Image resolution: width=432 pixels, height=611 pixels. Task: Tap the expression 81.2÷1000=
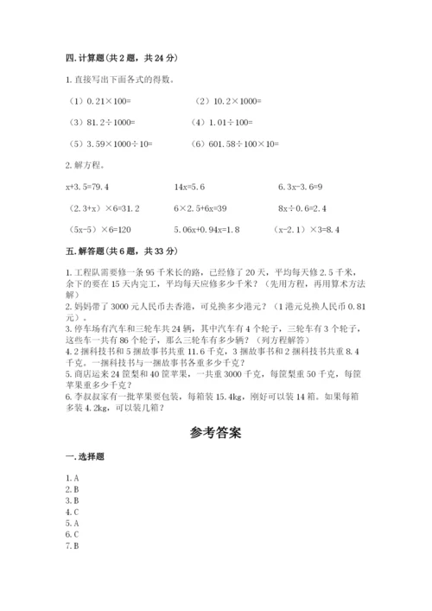pyautogui.click(x=102, y=122)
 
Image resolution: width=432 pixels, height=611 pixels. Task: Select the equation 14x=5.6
pyautogui.click(x=189, y=186)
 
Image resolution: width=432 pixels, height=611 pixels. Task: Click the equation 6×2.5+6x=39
pyautogui.click(x=200, y=208)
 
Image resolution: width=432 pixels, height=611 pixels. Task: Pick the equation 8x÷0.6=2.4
pyautogui.click(x=303, y=208)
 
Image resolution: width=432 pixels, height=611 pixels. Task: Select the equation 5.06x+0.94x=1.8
pyautogui.click(x=207, y=231)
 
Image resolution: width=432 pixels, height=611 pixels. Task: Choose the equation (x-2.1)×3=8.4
pyautogui.click(x=308, y=231)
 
